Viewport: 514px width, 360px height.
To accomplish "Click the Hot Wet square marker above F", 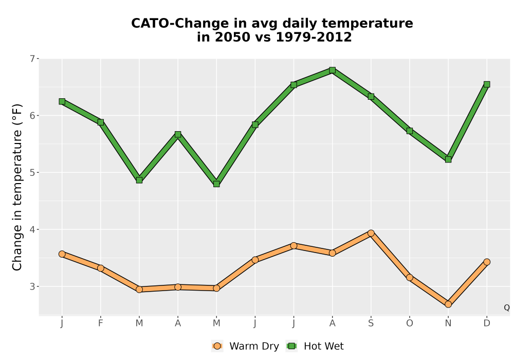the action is coord(101,122).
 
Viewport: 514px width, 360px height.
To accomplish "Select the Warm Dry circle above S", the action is coord(371,233).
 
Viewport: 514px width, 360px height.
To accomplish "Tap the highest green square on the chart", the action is coord(333,70).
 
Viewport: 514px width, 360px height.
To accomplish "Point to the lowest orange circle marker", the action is coord(448,304).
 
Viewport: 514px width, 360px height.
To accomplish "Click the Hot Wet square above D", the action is coord(487,84).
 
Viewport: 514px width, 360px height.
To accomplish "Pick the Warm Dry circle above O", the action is coord(410,277).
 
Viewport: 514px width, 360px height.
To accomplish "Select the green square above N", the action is coord(448,159).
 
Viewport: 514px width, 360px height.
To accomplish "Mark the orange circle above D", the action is coord(487,262).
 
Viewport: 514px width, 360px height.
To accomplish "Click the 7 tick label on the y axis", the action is coord(32,59).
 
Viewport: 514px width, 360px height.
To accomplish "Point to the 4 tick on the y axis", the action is coord(32,229).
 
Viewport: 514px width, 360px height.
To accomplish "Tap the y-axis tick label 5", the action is coord(32,172).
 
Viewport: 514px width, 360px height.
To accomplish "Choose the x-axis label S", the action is coord(371,323).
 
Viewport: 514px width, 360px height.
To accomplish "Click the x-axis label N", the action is coord(448,323).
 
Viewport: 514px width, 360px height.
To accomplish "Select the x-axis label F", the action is coord(101,323).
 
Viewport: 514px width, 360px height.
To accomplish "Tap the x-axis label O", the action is coord(410,323).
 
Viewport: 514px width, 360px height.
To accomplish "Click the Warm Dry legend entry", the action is coord(245,346).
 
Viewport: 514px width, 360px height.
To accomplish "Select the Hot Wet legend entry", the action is coord(315,346).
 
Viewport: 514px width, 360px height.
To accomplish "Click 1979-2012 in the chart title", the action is coord(314,37).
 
